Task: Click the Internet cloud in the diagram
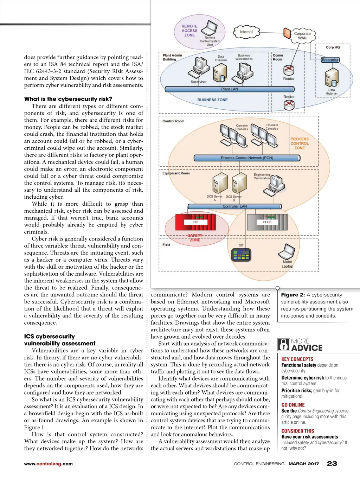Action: pyautogui.click(x=246, y=32)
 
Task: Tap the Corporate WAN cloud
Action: pyautogui.click(x=302, y=36)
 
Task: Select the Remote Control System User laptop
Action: pyautogui.click(x=211, y=27)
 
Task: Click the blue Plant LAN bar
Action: pyautogui.click(x=229, y=89)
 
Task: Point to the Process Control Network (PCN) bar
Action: pyautogui.click(x=247, y=158)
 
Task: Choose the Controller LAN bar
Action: pyautogui.click(x=234, y=206)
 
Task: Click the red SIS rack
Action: pyautogui.click(x=196, y=222)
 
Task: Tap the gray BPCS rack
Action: pyautogui.click(x=267, y=222)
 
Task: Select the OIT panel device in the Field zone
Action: pyautogui.click(x=241, y=255)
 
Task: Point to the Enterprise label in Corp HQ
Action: pyautogui.click(x=330, y=60)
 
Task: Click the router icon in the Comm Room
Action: pyautogui.click(x=289, y=70)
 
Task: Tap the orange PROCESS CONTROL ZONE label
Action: pyautogui.click(x=300, y=143)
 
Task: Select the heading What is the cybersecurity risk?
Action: pyautogui.click(x=68, y=99)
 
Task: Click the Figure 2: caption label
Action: pyautogui.click(x=293, y=295)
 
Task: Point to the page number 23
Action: pyautogui.click(x=332, y=463)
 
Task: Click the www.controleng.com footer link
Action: pyautogui.click(x=49, y=464)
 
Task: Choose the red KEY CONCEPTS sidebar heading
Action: pyautogui.click(x=297, y=359)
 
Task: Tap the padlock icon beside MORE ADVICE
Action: pyautogui.click(x=284, y=345)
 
